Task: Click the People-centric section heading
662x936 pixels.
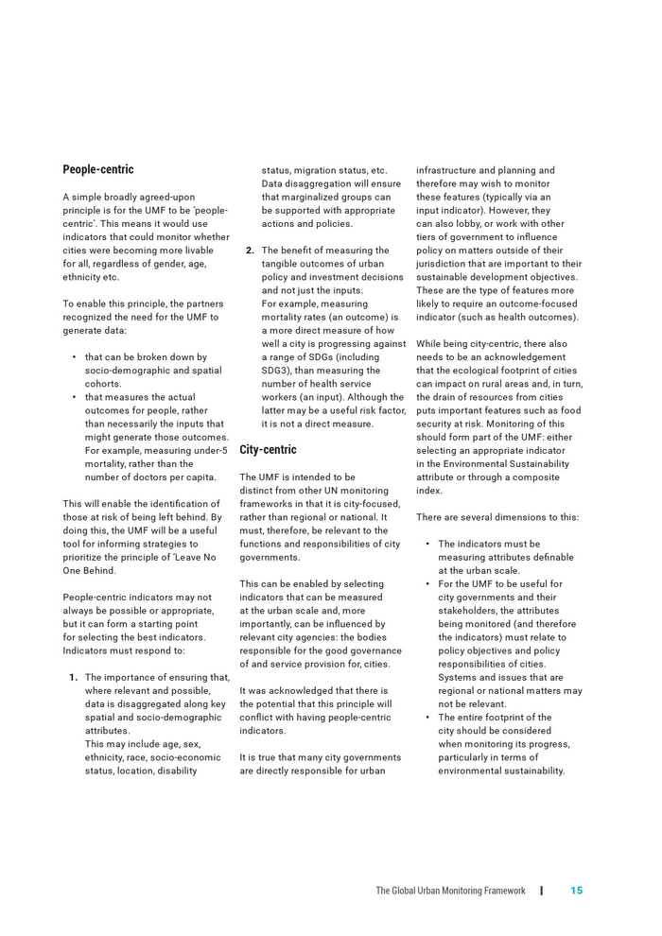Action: [98, 170]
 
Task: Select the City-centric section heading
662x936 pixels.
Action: [268, 450]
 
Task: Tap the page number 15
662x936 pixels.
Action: [576, 891]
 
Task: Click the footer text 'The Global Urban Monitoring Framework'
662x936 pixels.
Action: [450, 891]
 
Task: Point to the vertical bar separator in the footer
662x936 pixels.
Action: [542, 891]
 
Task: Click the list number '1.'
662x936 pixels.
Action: [73, 678]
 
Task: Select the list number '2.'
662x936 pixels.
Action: [250, 251]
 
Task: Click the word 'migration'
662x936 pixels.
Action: [327, 171]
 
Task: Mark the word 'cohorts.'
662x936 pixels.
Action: [103, 384]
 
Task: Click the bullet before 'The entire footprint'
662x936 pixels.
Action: [427, 718]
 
